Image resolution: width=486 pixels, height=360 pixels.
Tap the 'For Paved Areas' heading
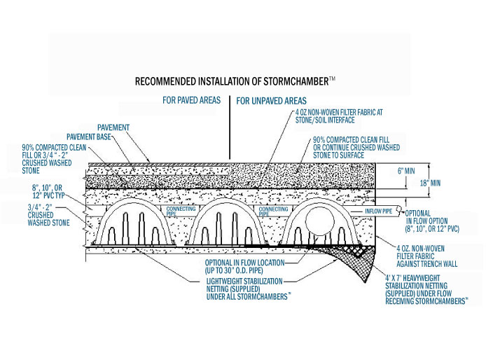tap(192, 100)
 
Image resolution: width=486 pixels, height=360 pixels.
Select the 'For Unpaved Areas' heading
tap(271, 101)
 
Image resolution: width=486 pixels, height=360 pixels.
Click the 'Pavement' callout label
tap(113, 127)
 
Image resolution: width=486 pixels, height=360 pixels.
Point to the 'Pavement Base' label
tap(89, 137)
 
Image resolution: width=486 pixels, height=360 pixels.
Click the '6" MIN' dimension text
tap(406, 171)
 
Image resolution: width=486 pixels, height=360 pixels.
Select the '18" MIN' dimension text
tap(430, 183)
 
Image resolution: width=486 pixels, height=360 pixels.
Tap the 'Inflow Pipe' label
tap(378, 211)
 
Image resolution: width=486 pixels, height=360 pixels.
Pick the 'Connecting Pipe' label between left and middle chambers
tap(181, 211)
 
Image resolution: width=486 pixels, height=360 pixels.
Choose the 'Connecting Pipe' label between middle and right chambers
tap(273, 212)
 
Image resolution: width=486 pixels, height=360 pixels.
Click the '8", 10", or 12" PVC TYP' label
tap(48, 191)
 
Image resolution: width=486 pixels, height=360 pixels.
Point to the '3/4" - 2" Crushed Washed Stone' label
tap(48, 215)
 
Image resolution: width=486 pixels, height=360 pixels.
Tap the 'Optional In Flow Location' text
tap(244, 267)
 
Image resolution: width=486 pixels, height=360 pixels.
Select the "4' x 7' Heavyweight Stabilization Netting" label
tap(426, 290)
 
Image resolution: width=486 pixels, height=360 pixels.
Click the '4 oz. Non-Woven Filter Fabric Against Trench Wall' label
tap(426, 256)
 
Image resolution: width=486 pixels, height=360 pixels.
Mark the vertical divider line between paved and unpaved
tap(230, 127)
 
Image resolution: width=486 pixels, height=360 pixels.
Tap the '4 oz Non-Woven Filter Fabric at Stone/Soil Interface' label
tap(339, 116)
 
